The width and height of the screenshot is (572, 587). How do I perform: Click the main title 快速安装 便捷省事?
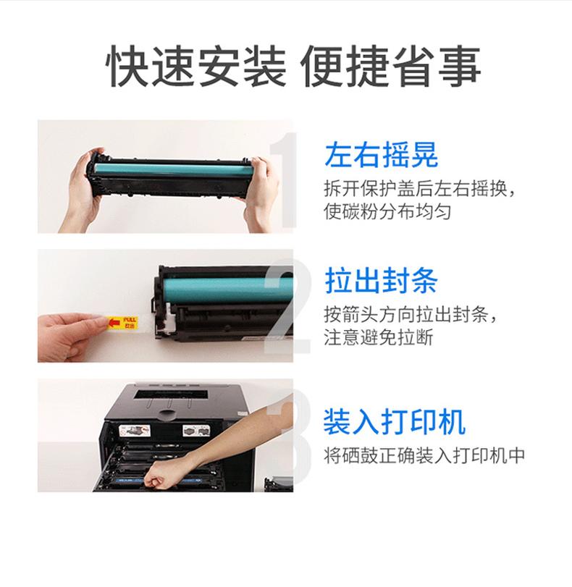[x=293, y=67]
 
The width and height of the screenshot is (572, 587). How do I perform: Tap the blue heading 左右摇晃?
[x=381, y=155]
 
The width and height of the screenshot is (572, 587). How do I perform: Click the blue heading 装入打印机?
[x=395, y=421]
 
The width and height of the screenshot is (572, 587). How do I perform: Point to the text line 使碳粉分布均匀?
[x=387, y=211]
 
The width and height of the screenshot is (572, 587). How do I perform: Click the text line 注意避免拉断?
[x=379, y=337]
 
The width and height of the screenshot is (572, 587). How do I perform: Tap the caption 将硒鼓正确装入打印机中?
[x=424, y=455]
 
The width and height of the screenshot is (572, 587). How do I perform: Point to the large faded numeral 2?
[x=287, y=307]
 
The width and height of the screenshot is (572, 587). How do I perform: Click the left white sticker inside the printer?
[x=135, y=431]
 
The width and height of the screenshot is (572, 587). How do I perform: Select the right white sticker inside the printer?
[x=196, y=431]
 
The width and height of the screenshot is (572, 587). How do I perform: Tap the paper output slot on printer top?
[x=171, y=394]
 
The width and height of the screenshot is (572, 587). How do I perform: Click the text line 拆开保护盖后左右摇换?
[x=419, y=189]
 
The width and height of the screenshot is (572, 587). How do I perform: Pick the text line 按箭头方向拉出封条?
[x=411, y=314]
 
